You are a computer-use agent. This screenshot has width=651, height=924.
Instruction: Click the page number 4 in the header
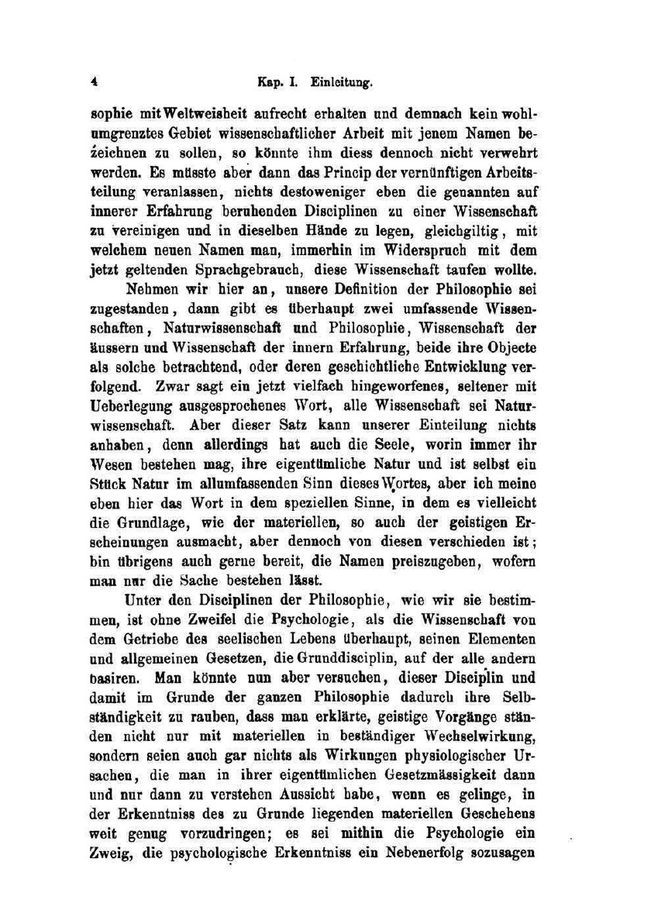(x=92, y=79)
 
